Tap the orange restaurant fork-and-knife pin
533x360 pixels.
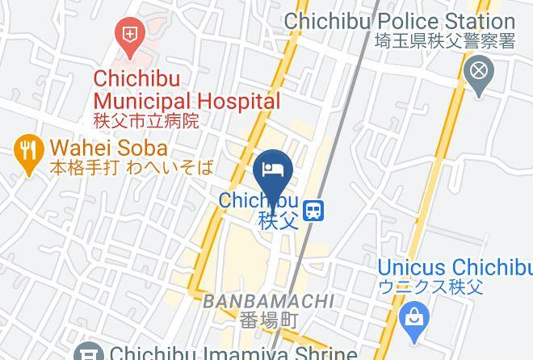pos(29,149)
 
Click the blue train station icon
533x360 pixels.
pos(314,211)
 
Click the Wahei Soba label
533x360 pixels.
pos(108,149)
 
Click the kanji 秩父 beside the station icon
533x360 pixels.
pos(279,220)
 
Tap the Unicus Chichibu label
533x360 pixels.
pos(455,267)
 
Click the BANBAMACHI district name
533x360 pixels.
pos(268,301)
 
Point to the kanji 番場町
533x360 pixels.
pos(269,320)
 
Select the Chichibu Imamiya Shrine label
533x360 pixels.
pos(233,354)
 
